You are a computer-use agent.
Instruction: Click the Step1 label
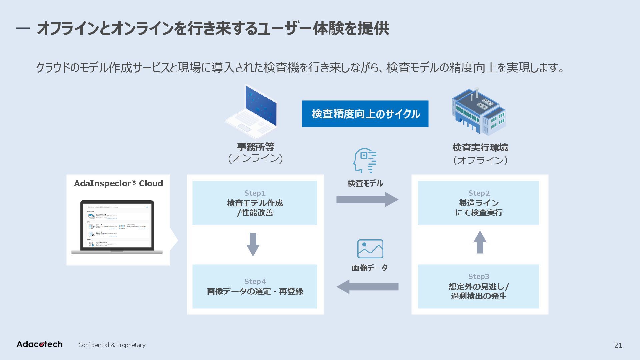(x=255, y=193)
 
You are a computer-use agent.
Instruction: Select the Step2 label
(x=479, y=193)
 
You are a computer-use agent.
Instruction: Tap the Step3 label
(x=479, y=277)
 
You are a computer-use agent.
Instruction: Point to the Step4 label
(x=255, y=282)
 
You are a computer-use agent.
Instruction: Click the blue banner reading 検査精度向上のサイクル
(x=365, y=114)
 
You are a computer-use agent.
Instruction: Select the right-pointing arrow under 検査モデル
(x=367, y=199)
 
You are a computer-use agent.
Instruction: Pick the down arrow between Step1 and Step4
(x=253, y=244)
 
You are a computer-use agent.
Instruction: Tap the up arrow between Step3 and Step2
(x=480, y=242)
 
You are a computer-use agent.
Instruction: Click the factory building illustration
(x=478, y=112)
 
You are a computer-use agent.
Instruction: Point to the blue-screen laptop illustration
(x=252, y=112)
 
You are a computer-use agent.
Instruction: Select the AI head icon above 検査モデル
(x=365, y=161)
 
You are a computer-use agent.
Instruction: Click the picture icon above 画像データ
(x=370, y=249)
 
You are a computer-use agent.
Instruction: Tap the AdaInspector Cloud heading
(x=118, y=184)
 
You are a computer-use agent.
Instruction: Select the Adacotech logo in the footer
(x=40, y=345)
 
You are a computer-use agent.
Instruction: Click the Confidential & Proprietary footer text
(x=112, y=345)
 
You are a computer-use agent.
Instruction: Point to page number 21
(x=618, y=345)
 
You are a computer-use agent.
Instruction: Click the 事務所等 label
(x=255, y=147)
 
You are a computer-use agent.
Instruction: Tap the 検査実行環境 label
(x=480, y=147)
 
